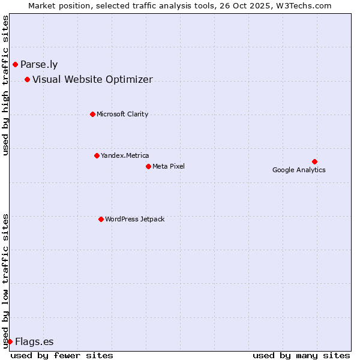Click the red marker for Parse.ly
pyautogui.click(x=15, y=64)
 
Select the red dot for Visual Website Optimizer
pyautogui.click(x=27, y=79)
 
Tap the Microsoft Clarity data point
pyautogui.click(x=92, y=114)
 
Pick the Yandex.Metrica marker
pyautogui.click(x=97, y=155)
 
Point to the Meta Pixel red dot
pyautogui.click(x=148, y=166)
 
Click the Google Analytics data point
pyautogui.click(x=314, y=161)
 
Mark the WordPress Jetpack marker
pyautogui.click(x=101, y=219)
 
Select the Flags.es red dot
pyautogui.click(x=10, y=341)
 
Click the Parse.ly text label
pyautogui.click(x=39, y=64)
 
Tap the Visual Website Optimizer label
pyautogui.click(x=92, y=79)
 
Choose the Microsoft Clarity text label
pyautogui.click(x=122, y=114)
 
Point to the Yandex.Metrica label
pyautogui.click(x=125, y=155)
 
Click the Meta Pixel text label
pyautogui.click(x=169, y=166)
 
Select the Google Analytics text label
pyautogui.click(x=299, y=170)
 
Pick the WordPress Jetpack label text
pyautogui.click(x=134, y=219)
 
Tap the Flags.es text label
pyautogui.click(x=34, y=341)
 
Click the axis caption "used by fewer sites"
pyautogui.click(x=62, y=355)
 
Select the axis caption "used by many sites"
pyautogui.click(x=301, y=355)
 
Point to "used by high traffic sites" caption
pyautogui.click(x=5, y=85)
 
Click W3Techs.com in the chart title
pyautogui.click(x=305, y=5)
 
